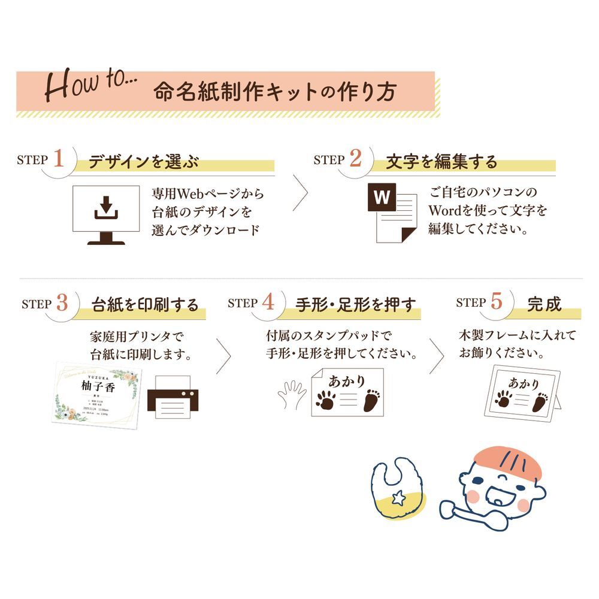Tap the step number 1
(x=58, y=159)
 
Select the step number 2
(x=356, y=159)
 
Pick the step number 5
(x=496, y=302)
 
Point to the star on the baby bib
(x=397, y=495)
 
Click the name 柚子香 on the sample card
(x=100, y=386)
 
